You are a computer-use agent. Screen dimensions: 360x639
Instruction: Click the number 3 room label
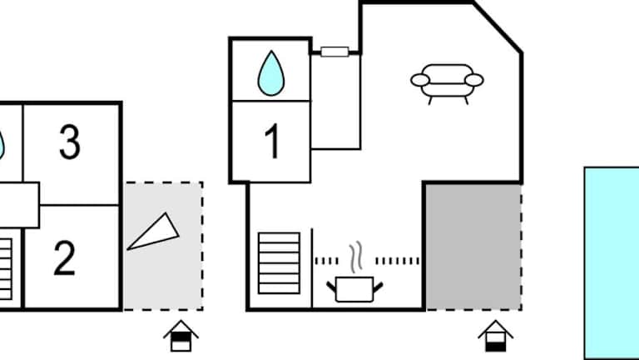[x=70, y=142]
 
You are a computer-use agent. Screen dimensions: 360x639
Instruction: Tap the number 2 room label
[x=65, y=258]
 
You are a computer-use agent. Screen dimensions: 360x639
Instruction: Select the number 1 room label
[x=272, y=142]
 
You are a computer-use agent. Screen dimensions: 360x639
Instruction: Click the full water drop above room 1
[x=269, y=72]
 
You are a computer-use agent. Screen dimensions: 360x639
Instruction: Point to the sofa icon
[x=447, y=84]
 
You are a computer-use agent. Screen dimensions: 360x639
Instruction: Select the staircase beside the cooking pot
[x=279, y=262]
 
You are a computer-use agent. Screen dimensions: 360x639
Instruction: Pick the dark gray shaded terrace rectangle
[x=473, y=247]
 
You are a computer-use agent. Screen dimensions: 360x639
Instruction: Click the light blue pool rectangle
[x=611, y=262]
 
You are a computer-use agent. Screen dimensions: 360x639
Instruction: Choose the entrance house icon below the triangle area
[x=181, y=337]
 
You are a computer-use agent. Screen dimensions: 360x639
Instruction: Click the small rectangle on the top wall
[x=334, y=52]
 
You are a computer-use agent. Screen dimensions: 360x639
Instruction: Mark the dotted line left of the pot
[x=327, y=261]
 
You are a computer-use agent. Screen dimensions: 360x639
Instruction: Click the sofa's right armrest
[x=473, y=80]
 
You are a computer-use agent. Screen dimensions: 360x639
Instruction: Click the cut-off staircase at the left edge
[x=5, y=268]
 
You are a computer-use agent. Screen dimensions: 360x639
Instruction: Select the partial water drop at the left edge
[x=2, y=143]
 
